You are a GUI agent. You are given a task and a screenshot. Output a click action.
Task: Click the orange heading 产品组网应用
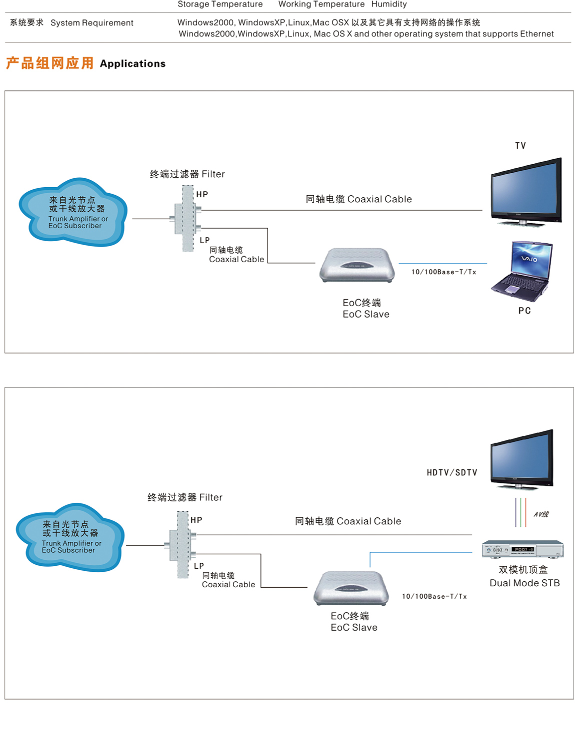(x=49, y=63)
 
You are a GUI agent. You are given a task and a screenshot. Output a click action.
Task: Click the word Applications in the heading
(x=132, y=64)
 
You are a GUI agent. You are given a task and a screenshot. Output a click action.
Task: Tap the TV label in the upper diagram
(x=520, y=146)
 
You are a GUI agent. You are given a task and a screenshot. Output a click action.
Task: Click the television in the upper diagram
(x=526, y=192)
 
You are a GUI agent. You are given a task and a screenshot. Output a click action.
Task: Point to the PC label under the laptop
(x=524, y=311)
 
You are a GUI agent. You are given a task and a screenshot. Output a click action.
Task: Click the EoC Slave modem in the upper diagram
(x=357, y=265)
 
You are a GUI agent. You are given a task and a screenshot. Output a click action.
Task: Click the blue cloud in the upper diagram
(x=73, y=212)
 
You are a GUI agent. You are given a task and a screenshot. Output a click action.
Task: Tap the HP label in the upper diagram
(x=202, y=195)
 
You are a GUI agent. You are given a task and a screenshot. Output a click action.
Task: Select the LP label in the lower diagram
(x=199, y=566)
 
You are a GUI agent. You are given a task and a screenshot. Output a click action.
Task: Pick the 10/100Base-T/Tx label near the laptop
(x=443, y=272)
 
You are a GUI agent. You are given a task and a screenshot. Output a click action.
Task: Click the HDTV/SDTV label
(x=452, y=473)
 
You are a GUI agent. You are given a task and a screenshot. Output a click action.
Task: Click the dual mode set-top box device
(x=522, y=549)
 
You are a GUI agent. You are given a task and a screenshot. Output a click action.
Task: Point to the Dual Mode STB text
(x=524, y=583)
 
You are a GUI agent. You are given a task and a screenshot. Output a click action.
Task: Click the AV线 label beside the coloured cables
(x=541, y=514)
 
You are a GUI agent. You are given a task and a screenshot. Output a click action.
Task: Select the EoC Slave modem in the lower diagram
(x=351, y=588)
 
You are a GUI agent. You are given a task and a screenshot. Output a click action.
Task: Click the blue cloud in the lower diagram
(x=69, y=537)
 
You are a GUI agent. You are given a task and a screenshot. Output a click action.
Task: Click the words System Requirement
(x=92, y=23)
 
